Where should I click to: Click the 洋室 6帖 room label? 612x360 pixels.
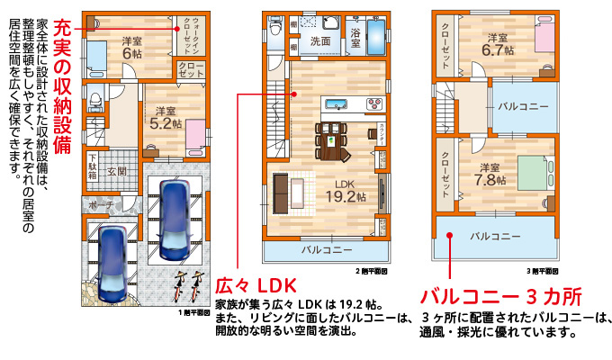coord(132,46)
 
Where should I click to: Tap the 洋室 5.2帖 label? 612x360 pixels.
coord(165,117)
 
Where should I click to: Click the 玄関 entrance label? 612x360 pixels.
coord(118,171)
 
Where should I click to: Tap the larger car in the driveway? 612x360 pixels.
coord(172,218)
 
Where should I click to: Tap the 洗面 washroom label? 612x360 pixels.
coord(320,41)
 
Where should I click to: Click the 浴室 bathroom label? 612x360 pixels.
coord(355,37)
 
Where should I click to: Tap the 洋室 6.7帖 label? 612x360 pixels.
coord(497,45)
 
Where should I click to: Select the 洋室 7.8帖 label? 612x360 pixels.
coord(491,174)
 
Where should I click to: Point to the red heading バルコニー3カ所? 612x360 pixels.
coord(500,295)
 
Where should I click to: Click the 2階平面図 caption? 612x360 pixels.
coord(371,269)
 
